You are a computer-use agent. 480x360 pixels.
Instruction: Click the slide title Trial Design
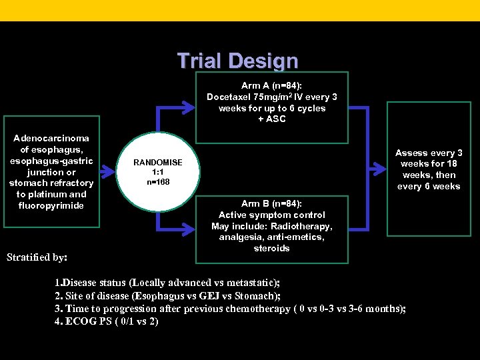tap(237, 61)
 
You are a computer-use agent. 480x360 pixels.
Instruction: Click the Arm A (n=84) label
tap(271, 86)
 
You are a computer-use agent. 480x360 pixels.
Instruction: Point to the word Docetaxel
tap(229, 97)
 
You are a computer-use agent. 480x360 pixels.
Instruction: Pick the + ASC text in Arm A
tap(271, 119)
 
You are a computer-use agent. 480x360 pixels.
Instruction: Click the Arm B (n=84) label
tap(271, 203)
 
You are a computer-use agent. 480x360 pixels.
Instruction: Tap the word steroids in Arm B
tap(271, 248)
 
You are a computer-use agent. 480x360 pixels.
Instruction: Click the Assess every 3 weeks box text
tap(428, 169)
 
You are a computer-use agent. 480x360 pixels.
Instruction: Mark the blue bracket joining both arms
tap(366, 169)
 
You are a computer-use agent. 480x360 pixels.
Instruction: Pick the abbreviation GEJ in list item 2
tap(221, 295)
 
